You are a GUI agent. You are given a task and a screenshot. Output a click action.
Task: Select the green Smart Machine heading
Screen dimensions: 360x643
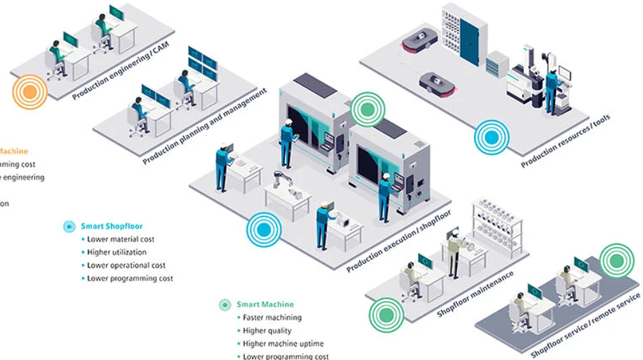[x=264, y=304]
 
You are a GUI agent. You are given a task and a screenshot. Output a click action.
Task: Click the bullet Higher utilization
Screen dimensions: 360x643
[x=116, y=252]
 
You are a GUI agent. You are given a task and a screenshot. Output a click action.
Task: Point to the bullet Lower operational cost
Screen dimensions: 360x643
[x=126, y=265]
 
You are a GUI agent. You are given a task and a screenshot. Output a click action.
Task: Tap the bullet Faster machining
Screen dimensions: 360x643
[x=272, y=318]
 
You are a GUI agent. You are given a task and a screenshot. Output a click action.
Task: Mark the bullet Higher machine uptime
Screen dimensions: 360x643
[x=283, y=343]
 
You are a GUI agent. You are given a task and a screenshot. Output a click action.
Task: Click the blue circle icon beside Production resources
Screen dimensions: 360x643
[x=492, y=136]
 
